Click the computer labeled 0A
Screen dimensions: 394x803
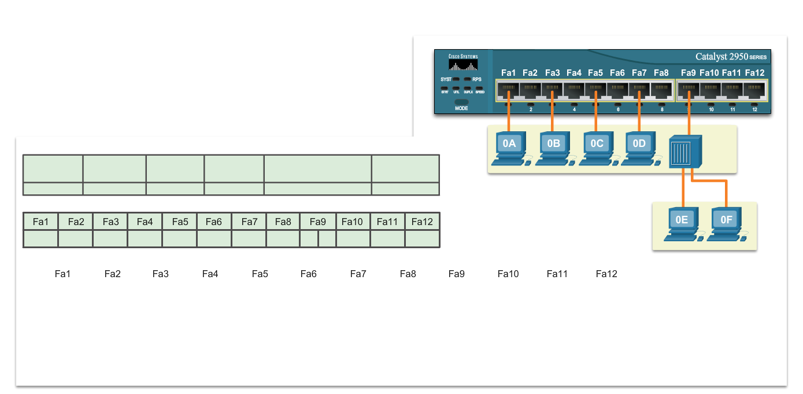click(509, 149)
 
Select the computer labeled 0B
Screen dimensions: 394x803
click(553, 149)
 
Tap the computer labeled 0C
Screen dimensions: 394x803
click(597, 149)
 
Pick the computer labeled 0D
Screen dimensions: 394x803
click(639, 149)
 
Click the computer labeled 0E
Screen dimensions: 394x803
click(682, 224)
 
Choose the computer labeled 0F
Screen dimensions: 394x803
click(726, 224)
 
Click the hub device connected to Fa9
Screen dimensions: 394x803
click(684, 152)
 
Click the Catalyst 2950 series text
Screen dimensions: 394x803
click(731, 57)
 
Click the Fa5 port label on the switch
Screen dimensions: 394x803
click(595, 73)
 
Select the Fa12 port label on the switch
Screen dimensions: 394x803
click(754, 73)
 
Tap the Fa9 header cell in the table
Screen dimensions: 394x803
click(318, 222)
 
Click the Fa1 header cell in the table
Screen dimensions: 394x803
click(41, 222)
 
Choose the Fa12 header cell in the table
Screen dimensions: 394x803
click(422, 222)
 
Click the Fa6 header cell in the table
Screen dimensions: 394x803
click(214, 222)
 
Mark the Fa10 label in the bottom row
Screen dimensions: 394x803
click(508, 274)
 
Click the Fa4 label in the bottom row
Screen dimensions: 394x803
click(210, 274)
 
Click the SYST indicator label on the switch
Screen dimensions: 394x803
click(446, 79)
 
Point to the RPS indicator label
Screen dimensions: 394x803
click(477, 79)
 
